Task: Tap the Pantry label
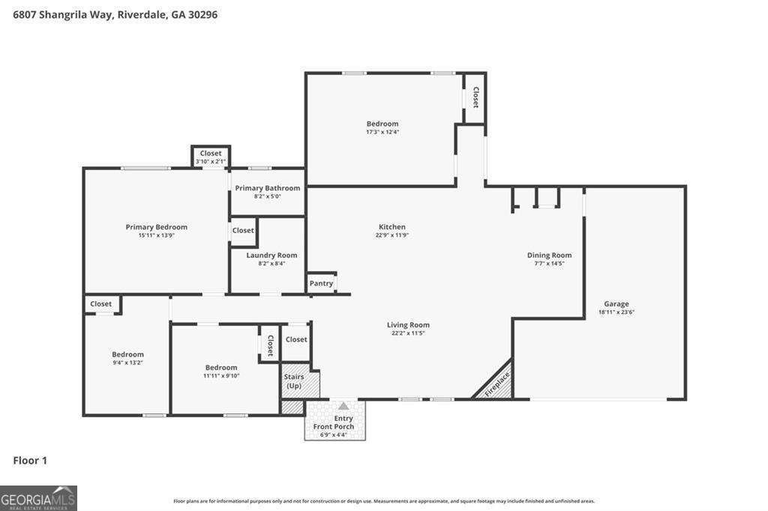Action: click(x=321, y=283)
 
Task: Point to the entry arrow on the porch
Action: click(x=343, y=406)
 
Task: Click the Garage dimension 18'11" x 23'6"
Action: click(x=616, y=312)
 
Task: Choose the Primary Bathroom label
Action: click(x=267, y=188)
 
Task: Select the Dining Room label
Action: click(x=549, y=255)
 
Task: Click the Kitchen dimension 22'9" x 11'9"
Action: click(x=391, y=235)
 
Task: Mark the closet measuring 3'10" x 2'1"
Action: click(x=211, y=157)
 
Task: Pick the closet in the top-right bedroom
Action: click(x=475, y=97)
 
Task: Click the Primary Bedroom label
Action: click(x=156, y=227)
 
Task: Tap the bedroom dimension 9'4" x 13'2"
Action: click(x=127, y=363)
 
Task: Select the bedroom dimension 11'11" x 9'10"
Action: click(x=221, y=375)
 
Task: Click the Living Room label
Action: click(x=408, y=324)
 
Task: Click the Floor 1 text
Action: click(x=30, y=460)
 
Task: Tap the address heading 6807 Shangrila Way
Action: click(x=115, y=14)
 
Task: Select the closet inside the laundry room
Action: click(x=243, y=231)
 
